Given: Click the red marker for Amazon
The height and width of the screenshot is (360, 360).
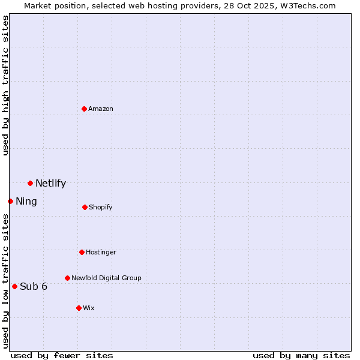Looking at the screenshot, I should coord(85,109).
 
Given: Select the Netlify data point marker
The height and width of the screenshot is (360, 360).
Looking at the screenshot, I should coord(30,183).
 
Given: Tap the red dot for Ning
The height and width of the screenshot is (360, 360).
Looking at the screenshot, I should coord(10,201).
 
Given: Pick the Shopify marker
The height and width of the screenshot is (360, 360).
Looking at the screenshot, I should coord(85,207).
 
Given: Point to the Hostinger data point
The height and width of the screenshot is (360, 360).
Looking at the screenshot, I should coord(82,252).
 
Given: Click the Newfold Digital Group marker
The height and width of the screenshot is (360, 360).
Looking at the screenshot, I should coord(67,278).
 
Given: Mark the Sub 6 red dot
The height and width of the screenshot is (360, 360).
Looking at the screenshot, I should coord(14,286).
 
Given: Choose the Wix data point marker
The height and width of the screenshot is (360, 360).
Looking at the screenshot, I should coord(79,308).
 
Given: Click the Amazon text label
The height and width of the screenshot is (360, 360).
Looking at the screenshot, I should coord(101,109).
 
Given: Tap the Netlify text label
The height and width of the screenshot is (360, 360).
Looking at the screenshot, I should coord(50,184).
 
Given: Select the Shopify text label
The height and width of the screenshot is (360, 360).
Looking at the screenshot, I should coord(101,208).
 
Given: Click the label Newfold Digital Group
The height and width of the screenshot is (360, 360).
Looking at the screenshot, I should coord(106,278).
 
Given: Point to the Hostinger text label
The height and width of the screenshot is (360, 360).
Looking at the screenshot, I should coord(101,252).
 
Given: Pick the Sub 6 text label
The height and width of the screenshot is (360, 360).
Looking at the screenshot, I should coord(34,286).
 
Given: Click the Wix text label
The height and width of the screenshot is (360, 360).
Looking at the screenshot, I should coord(89,308).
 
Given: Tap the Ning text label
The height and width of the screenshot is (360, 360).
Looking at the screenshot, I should coord(26,202).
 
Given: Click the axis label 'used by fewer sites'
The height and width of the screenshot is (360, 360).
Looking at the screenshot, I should coord(62,355).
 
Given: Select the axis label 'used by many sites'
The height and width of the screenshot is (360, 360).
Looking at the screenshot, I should coord(301,355).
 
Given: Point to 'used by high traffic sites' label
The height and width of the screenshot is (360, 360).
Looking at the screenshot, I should coord(5,85).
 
